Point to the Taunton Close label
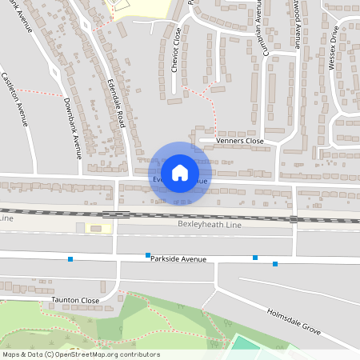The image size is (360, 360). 75,300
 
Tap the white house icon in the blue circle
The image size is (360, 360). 180,172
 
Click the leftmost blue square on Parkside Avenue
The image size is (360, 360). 71,258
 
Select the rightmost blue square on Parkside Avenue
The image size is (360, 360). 275,263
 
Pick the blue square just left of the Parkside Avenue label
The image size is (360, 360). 148,255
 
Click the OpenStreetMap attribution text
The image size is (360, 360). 81,354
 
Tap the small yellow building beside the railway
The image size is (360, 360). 102,229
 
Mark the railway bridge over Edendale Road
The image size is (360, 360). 116,214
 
